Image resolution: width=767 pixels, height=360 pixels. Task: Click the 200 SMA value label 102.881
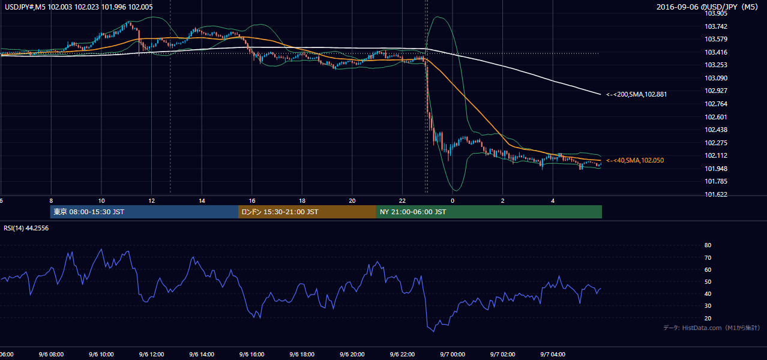[637, 94]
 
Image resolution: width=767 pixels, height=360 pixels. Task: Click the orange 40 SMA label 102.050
[635, 160]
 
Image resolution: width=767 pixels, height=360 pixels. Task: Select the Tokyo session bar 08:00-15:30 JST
[144, 212]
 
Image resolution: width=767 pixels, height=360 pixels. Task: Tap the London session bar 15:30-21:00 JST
[307, 212]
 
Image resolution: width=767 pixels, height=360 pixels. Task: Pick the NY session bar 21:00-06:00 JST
[489, 212]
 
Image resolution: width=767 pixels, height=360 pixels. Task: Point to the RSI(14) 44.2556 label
[26, 228]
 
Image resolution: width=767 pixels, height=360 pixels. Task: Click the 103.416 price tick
[716, 52]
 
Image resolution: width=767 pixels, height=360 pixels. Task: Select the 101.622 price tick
[716, 194]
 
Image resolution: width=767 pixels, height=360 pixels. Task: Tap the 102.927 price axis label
[716, 91]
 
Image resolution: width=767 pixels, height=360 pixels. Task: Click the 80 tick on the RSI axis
[708, 245]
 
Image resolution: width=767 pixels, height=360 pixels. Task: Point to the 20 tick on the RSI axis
[708, 318]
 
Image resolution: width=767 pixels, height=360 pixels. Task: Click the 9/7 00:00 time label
[453, 354]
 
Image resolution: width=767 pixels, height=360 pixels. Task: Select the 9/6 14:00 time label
[202, 354]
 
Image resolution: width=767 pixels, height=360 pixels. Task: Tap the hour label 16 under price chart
[252, 201]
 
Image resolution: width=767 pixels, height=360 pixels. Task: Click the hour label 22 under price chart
[402, 201]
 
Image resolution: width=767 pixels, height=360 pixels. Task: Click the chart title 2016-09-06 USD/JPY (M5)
[708, 7]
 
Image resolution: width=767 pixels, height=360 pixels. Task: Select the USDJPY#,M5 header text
[25, 7]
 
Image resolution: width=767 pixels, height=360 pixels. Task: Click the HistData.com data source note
[712, 328]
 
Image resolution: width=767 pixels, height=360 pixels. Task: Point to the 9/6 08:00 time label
[51, 354]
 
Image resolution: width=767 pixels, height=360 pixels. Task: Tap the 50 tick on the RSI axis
[708, 281]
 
